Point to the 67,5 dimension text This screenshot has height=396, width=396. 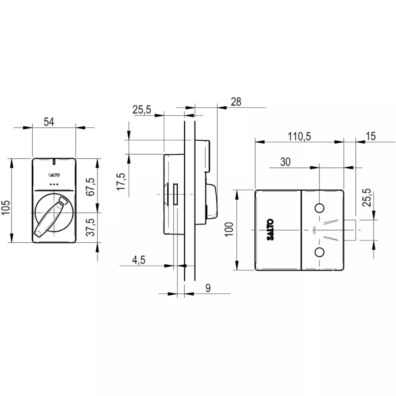(91, 186)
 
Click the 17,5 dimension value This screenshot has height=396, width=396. (121, 182)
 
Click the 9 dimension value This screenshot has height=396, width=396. (208, 288)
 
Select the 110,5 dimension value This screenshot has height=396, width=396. (299, 136)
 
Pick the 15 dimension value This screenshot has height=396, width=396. (370, 136)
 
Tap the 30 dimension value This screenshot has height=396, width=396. (285, 162)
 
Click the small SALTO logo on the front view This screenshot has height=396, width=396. (54, 175)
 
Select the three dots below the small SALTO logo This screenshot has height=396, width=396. (54, 184)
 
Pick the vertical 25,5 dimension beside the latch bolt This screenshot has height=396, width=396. (368, 198)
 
